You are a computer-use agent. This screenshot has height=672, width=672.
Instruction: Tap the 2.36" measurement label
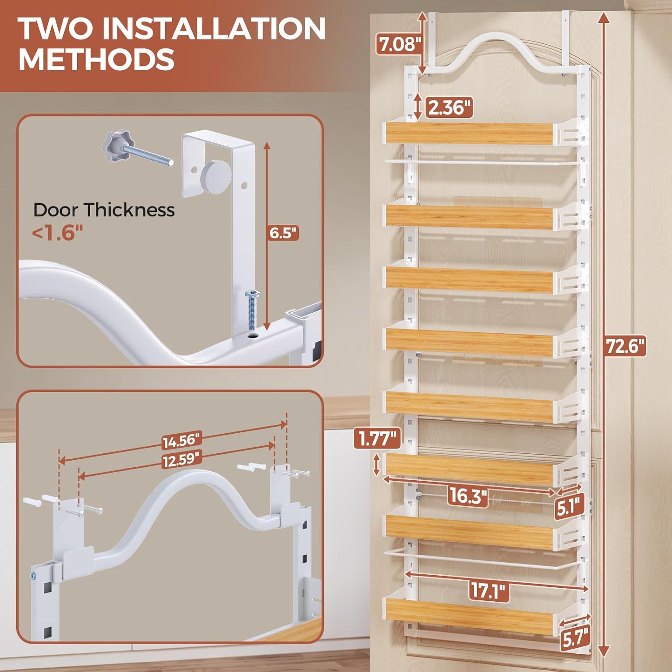click(449, 108)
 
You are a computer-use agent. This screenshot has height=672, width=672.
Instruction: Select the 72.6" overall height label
click(626, 345)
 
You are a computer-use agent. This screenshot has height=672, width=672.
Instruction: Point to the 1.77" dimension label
click(377, 438)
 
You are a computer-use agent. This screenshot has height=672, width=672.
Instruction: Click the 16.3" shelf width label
click(468, 495)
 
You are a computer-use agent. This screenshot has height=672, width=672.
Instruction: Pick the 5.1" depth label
click(570, 507)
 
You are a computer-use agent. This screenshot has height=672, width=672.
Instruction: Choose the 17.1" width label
click(490, 590)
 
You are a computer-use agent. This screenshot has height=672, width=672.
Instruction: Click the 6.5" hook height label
click(283, 233)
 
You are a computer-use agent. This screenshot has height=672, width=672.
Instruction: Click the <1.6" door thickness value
click(57, 233)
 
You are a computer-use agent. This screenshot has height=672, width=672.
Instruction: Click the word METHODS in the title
click(96, 59)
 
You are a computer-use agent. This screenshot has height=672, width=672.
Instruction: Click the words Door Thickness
click(104, 210)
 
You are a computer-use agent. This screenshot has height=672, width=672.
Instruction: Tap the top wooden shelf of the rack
click(469, 133)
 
